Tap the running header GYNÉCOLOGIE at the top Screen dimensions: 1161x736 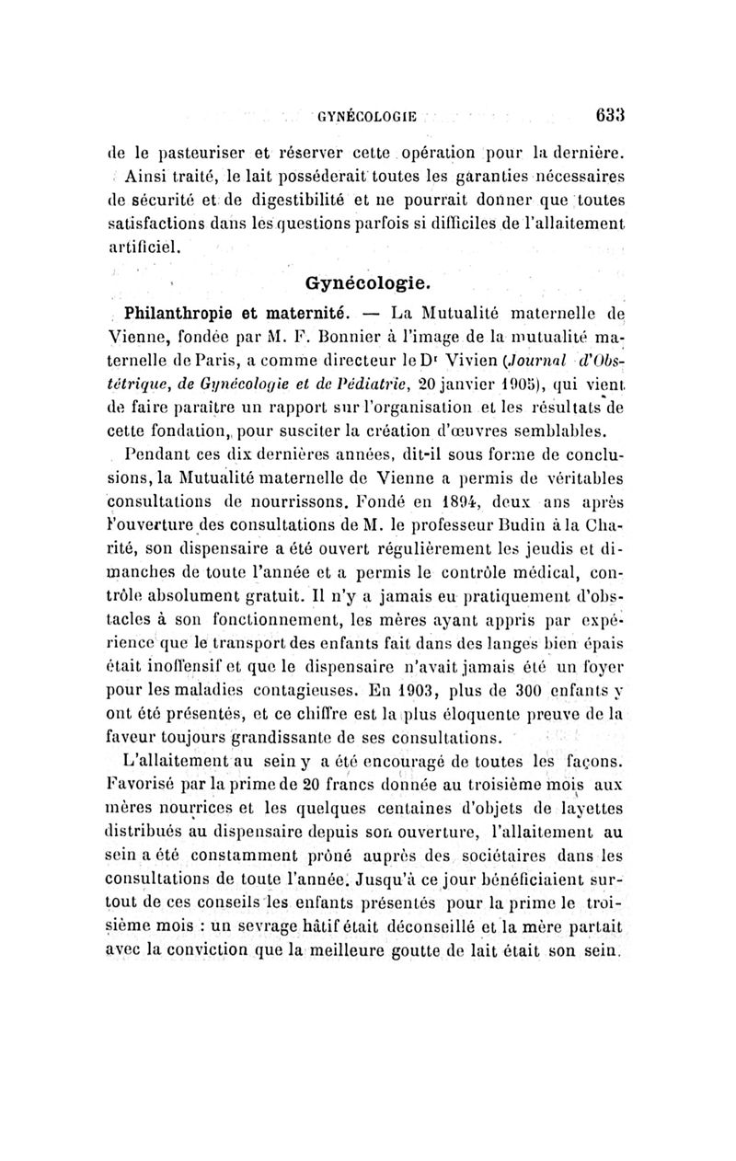coord(368,117)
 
